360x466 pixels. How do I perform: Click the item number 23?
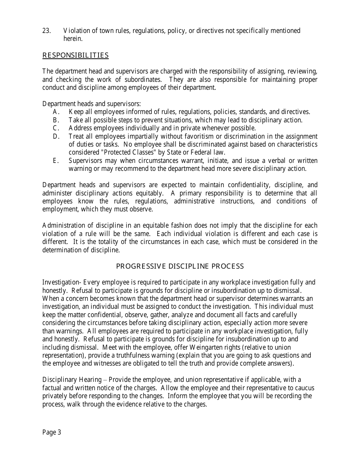pos(47,31)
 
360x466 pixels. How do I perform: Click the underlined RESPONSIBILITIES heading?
pos(75,56)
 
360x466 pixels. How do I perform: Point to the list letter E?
pos(56,161)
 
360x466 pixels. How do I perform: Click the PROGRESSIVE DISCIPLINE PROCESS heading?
pos(180,266)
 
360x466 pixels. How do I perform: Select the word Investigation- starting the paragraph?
pos(62,282)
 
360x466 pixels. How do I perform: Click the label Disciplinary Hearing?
pos(72,380)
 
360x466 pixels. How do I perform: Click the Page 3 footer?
pos(52,433)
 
